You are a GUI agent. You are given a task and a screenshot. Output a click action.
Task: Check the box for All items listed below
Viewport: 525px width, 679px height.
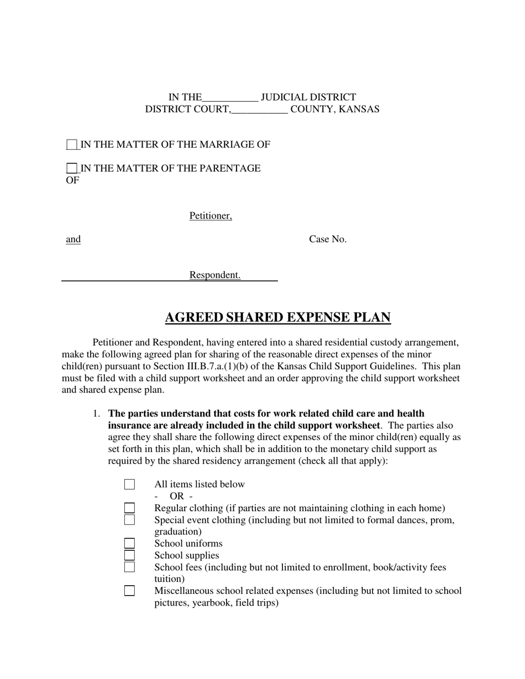129,485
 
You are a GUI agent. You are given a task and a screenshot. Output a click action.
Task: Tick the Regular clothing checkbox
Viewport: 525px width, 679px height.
129,508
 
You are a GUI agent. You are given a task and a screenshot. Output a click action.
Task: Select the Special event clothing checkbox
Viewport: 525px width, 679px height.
129,520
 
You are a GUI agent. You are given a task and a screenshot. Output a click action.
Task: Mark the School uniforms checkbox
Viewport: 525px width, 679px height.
129,544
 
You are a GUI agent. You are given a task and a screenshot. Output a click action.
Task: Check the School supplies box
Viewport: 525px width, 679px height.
129,555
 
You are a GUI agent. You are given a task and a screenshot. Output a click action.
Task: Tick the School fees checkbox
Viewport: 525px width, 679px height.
129,567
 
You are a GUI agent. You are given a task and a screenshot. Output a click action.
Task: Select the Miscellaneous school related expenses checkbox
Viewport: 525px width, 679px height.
129,591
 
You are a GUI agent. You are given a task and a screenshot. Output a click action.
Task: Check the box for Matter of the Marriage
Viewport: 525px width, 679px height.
72,145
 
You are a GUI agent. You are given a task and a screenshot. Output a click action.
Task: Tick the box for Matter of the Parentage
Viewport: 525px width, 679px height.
72,168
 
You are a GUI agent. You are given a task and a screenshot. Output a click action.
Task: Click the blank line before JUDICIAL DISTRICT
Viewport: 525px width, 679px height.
230,98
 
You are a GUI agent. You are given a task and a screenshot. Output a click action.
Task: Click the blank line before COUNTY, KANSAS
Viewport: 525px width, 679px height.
259,109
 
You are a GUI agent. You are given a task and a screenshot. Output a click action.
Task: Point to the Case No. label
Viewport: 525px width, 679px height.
328,239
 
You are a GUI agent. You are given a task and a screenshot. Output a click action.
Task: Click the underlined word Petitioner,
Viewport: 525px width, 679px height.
211,216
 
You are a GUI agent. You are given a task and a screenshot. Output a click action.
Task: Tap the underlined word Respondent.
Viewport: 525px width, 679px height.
214,275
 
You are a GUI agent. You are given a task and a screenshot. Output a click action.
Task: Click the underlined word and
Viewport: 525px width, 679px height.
73,239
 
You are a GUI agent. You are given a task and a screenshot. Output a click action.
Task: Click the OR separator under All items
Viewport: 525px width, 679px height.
176,496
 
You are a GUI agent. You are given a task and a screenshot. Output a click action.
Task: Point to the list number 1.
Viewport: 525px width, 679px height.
97,413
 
